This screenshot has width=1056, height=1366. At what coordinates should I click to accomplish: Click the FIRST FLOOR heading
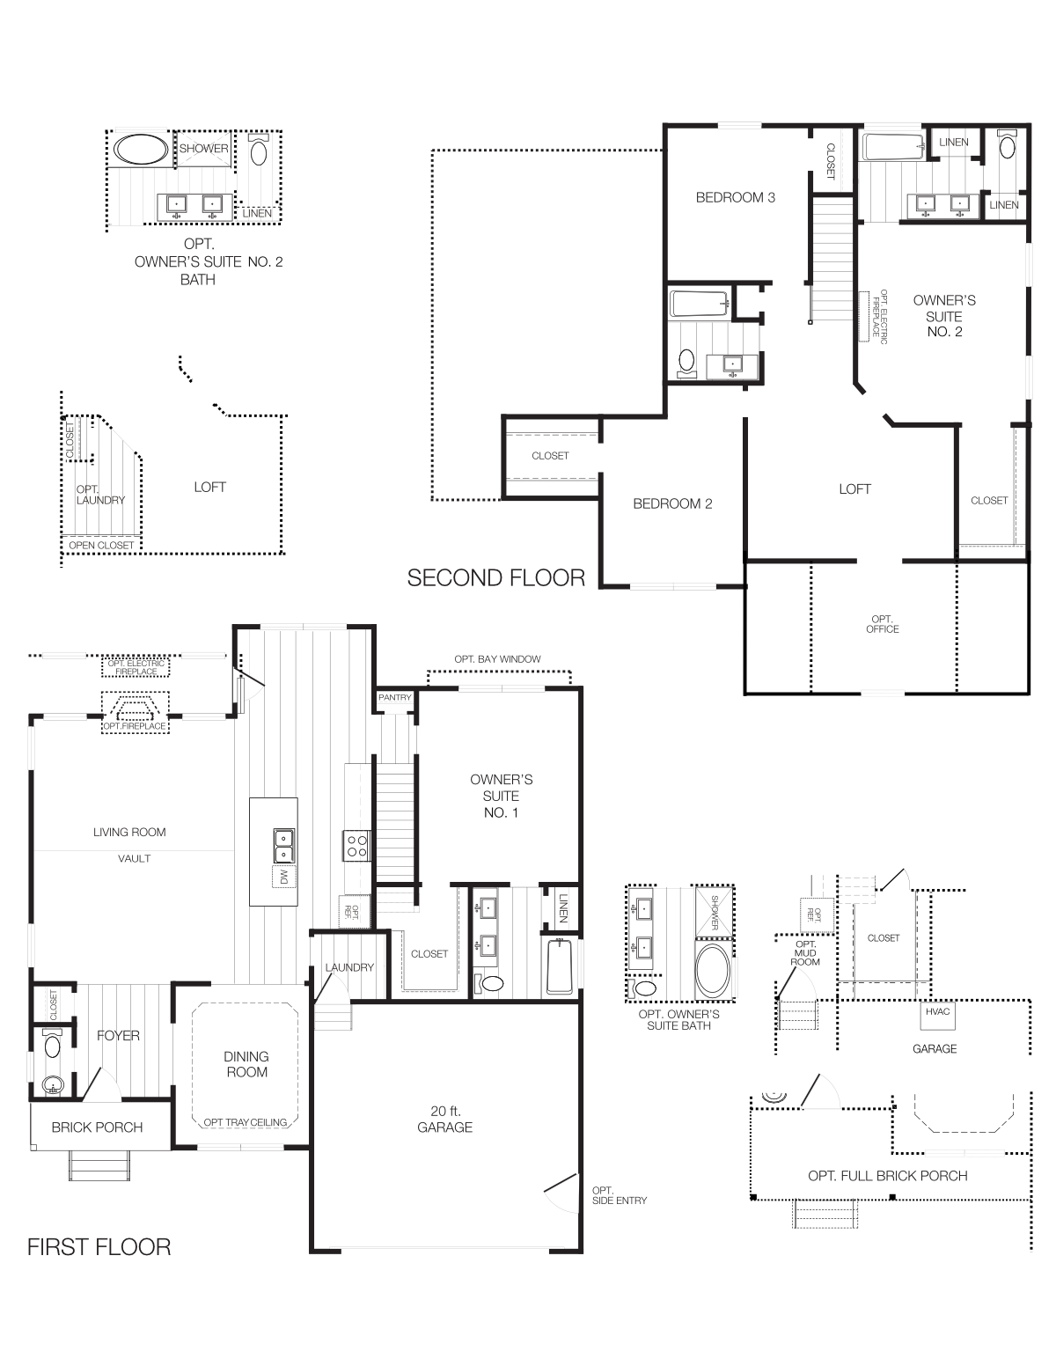pos(99,1246)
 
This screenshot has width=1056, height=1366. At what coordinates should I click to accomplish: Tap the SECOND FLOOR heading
pos(495,577)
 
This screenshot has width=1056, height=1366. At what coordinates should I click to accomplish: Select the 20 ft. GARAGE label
pos(444,1119)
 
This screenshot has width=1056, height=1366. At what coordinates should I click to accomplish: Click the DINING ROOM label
pos(246,1064)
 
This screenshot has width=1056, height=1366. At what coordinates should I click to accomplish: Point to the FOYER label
pos(118,1036)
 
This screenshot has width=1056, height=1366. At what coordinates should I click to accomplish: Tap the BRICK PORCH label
pos(97,1127)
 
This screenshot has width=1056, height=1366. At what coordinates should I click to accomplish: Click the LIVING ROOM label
pos(129,832)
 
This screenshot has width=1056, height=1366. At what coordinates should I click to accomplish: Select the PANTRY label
pos(394,698)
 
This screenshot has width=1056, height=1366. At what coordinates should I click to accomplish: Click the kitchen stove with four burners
pos(356,846)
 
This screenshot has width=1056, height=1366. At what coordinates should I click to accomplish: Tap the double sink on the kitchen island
pos(283,846)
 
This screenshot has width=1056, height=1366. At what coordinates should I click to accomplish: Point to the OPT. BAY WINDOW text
pos(497,659)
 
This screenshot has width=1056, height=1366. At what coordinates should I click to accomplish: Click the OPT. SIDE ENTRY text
pos(620,1195)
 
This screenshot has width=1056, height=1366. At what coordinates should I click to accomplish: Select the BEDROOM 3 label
pos(735,197)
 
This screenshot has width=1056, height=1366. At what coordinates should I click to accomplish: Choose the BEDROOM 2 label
pos(672,503)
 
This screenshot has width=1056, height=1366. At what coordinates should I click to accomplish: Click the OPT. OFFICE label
pos(882,624)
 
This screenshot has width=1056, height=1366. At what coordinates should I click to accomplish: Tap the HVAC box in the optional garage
pos(938,1012)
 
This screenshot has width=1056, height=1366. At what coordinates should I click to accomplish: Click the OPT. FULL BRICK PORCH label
pos(887,1176)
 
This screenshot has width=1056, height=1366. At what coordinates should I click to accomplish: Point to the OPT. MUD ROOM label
pos(805,952)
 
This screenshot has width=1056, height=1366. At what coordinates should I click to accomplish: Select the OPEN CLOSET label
pos(102,546)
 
